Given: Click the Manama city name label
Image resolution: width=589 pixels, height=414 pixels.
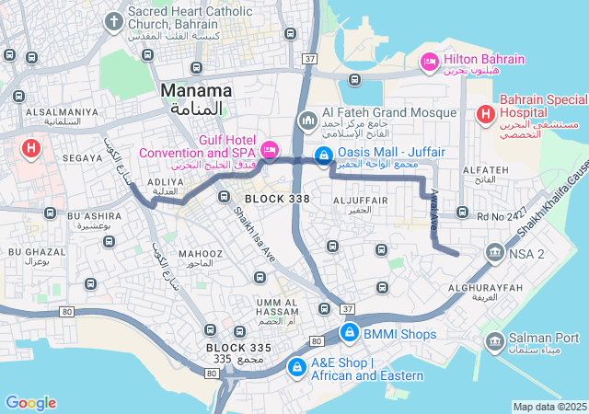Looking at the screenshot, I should tap(196, 91).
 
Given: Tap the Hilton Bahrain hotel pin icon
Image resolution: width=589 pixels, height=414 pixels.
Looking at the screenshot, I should tap(428, 61).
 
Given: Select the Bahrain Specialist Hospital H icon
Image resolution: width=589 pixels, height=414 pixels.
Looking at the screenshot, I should tap(485, 113).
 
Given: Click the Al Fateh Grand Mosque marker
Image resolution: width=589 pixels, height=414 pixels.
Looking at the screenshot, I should tap(308, 121).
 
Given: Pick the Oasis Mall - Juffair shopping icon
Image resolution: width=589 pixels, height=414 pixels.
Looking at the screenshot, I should tap(323, 155).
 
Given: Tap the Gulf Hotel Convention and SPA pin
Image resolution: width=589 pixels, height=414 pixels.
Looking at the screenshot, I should tap(270, 148).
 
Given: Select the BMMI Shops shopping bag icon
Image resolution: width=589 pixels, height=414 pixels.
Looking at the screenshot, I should tap(349, 332).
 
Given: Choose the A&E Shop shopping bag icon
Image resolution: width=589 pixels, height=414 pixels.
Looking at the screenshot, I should tap(296, 368).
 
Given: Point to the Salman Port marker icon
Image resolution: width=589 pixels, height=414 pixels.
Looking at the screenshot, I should tap(494, 340).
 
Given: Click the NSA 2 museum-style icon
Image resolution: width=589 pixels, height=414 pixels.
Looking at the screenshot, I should tap(495, 252).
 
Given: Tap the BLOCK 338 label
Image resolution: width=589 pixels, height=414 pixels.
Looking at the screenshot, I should tap(277, 199).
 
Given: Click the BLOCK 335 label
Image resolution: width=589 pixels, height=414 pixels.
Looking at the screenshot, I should tap(238, 348).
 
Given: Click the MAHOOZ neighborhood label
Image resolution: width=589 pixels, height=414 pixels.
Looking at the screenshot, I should tap(200, 253).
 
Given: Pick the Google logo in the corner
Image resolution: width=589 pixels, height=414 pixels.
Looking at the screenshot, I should tap(30, 402).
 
